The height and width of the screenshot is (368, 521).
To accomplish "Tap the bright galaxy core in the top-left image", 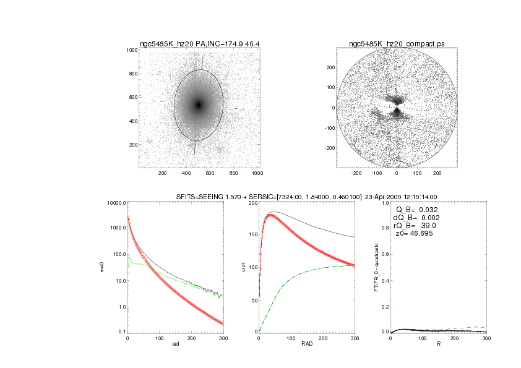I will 199,105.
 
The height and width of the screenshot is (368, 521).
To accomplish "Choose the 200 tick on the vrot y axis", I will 251,203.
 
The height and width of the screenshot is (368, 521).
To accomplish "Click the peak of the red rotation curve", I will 270,216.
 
